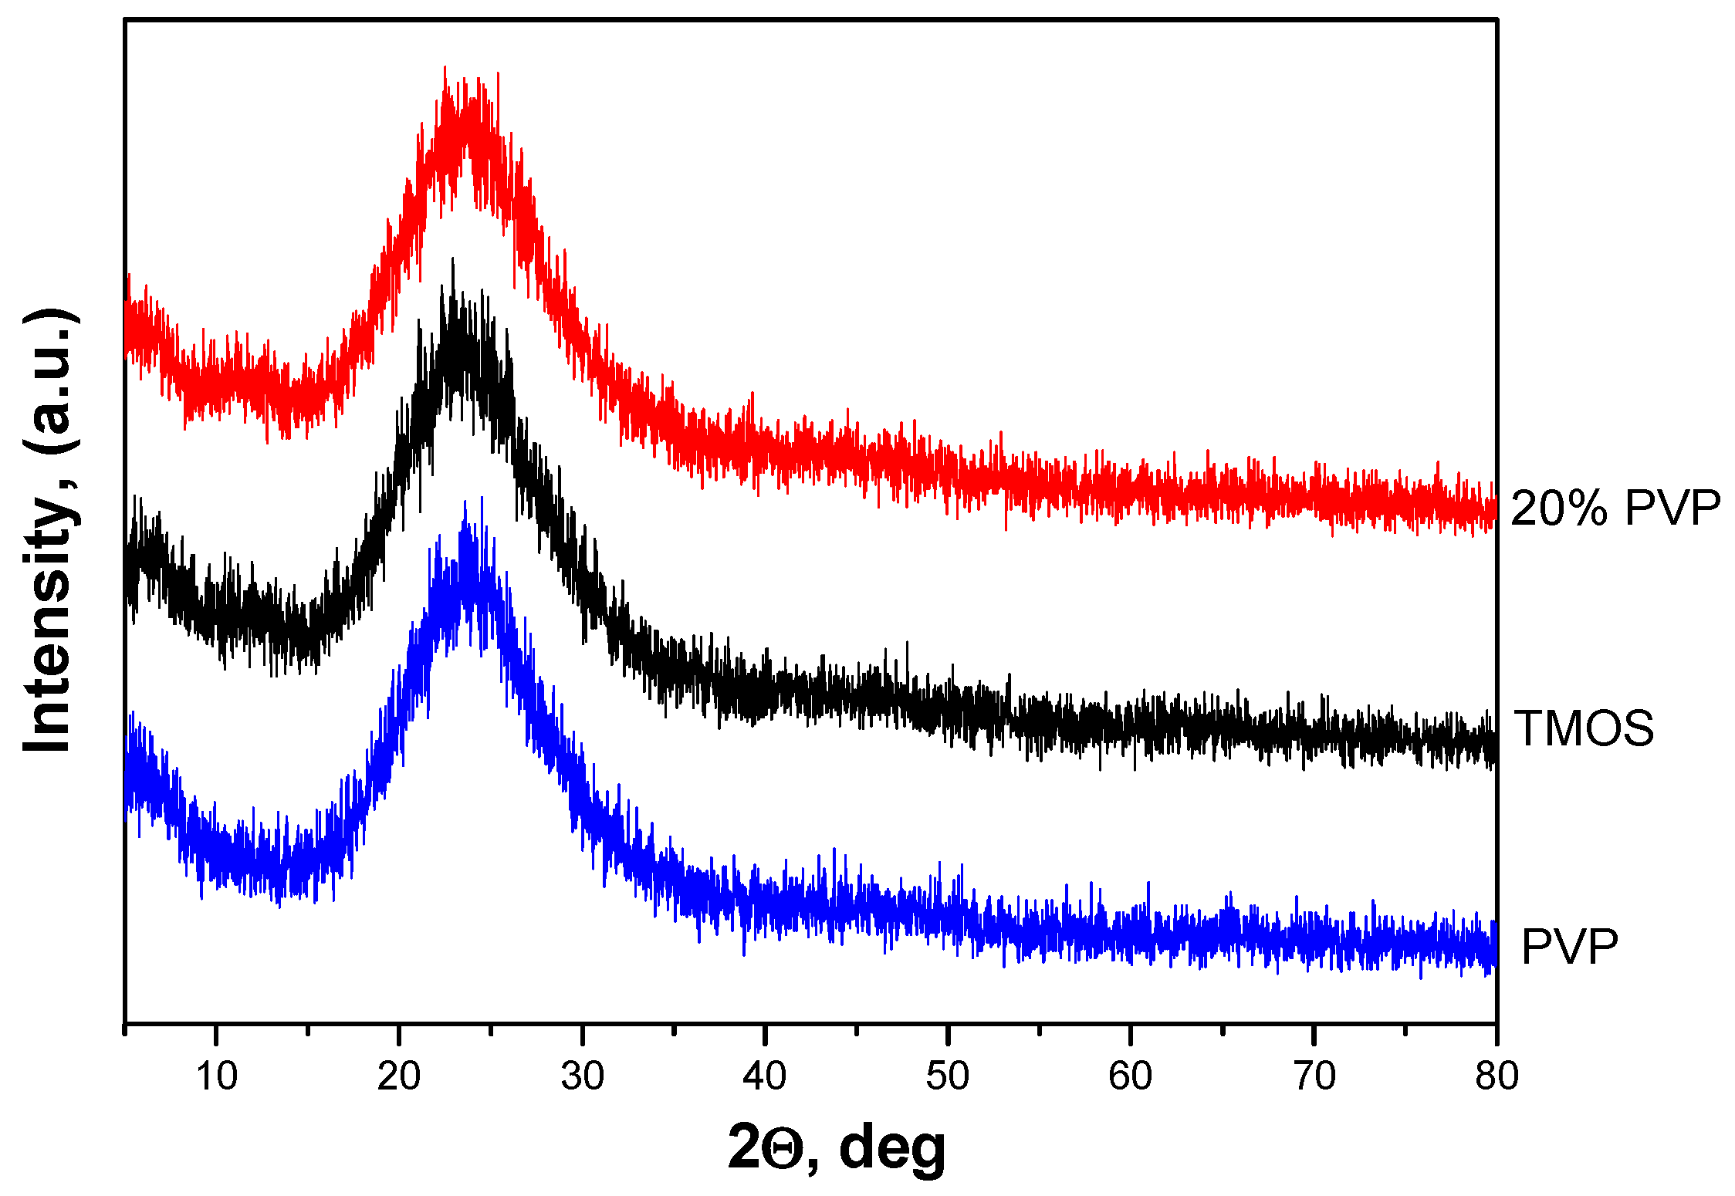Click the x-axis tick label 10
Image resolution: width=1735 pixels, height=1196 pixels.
(216, 1076)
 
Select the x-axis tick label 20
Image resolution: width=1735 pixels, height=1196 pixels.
(399, 1076)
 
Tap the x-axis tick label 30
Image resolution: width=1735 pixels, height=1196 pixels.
(582, 1076)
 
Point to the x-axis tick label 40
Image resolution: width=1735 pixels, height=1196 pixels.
(765, 1076)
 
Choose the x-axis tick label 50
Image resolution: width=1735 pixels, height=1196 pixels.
(948, 1076)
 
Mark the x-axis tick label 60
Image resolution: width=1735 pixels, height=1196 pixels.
(1131, 1076)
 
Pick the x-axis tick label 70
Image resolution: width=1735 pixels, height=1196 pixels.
(1314, 1076)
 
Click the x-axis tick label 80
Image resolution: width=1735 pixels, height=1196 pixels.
(1497, 1076)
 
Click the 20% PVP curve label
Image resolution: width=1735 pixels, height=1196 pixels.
(1615, 508)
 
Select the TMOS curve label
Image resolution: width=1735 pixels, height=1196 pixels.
(1584, 728)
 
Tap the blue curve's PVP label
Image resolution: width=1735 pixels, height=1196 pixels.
(1569, 947)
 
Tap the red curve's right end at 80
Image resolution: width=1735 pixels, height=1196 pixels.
(1494, 509)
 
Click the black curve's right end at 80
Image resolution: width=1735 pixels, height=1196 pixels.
(1494, 747)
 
